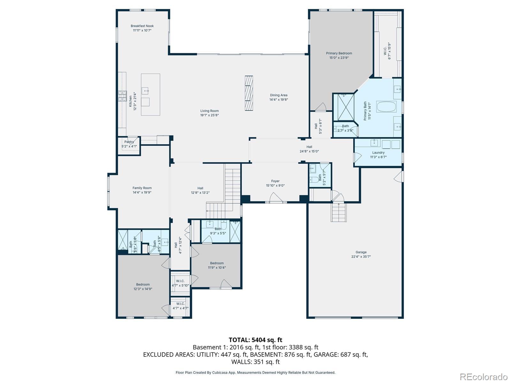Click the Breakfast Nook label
point(142,26)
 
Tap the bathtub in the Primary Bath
point(386,107)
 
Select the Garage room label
point(361,252)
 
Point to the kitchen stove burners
point(122,96)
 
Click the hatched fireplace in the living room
point(248,93)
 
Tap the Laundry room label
point(378,153)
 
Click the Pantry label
point(129,142)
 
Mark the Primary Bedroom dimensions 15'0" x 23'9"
point(339,58)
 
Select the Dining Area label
point(278,95)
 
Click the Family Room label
point(142,188)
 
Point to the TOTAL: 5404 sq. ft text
point(256,340)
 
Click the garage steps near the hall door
point(339,212)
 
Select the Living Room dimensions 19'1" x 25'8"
point(209,115)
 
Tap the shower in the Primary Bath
point(343,107)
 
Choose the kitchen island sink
point(145,91)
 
